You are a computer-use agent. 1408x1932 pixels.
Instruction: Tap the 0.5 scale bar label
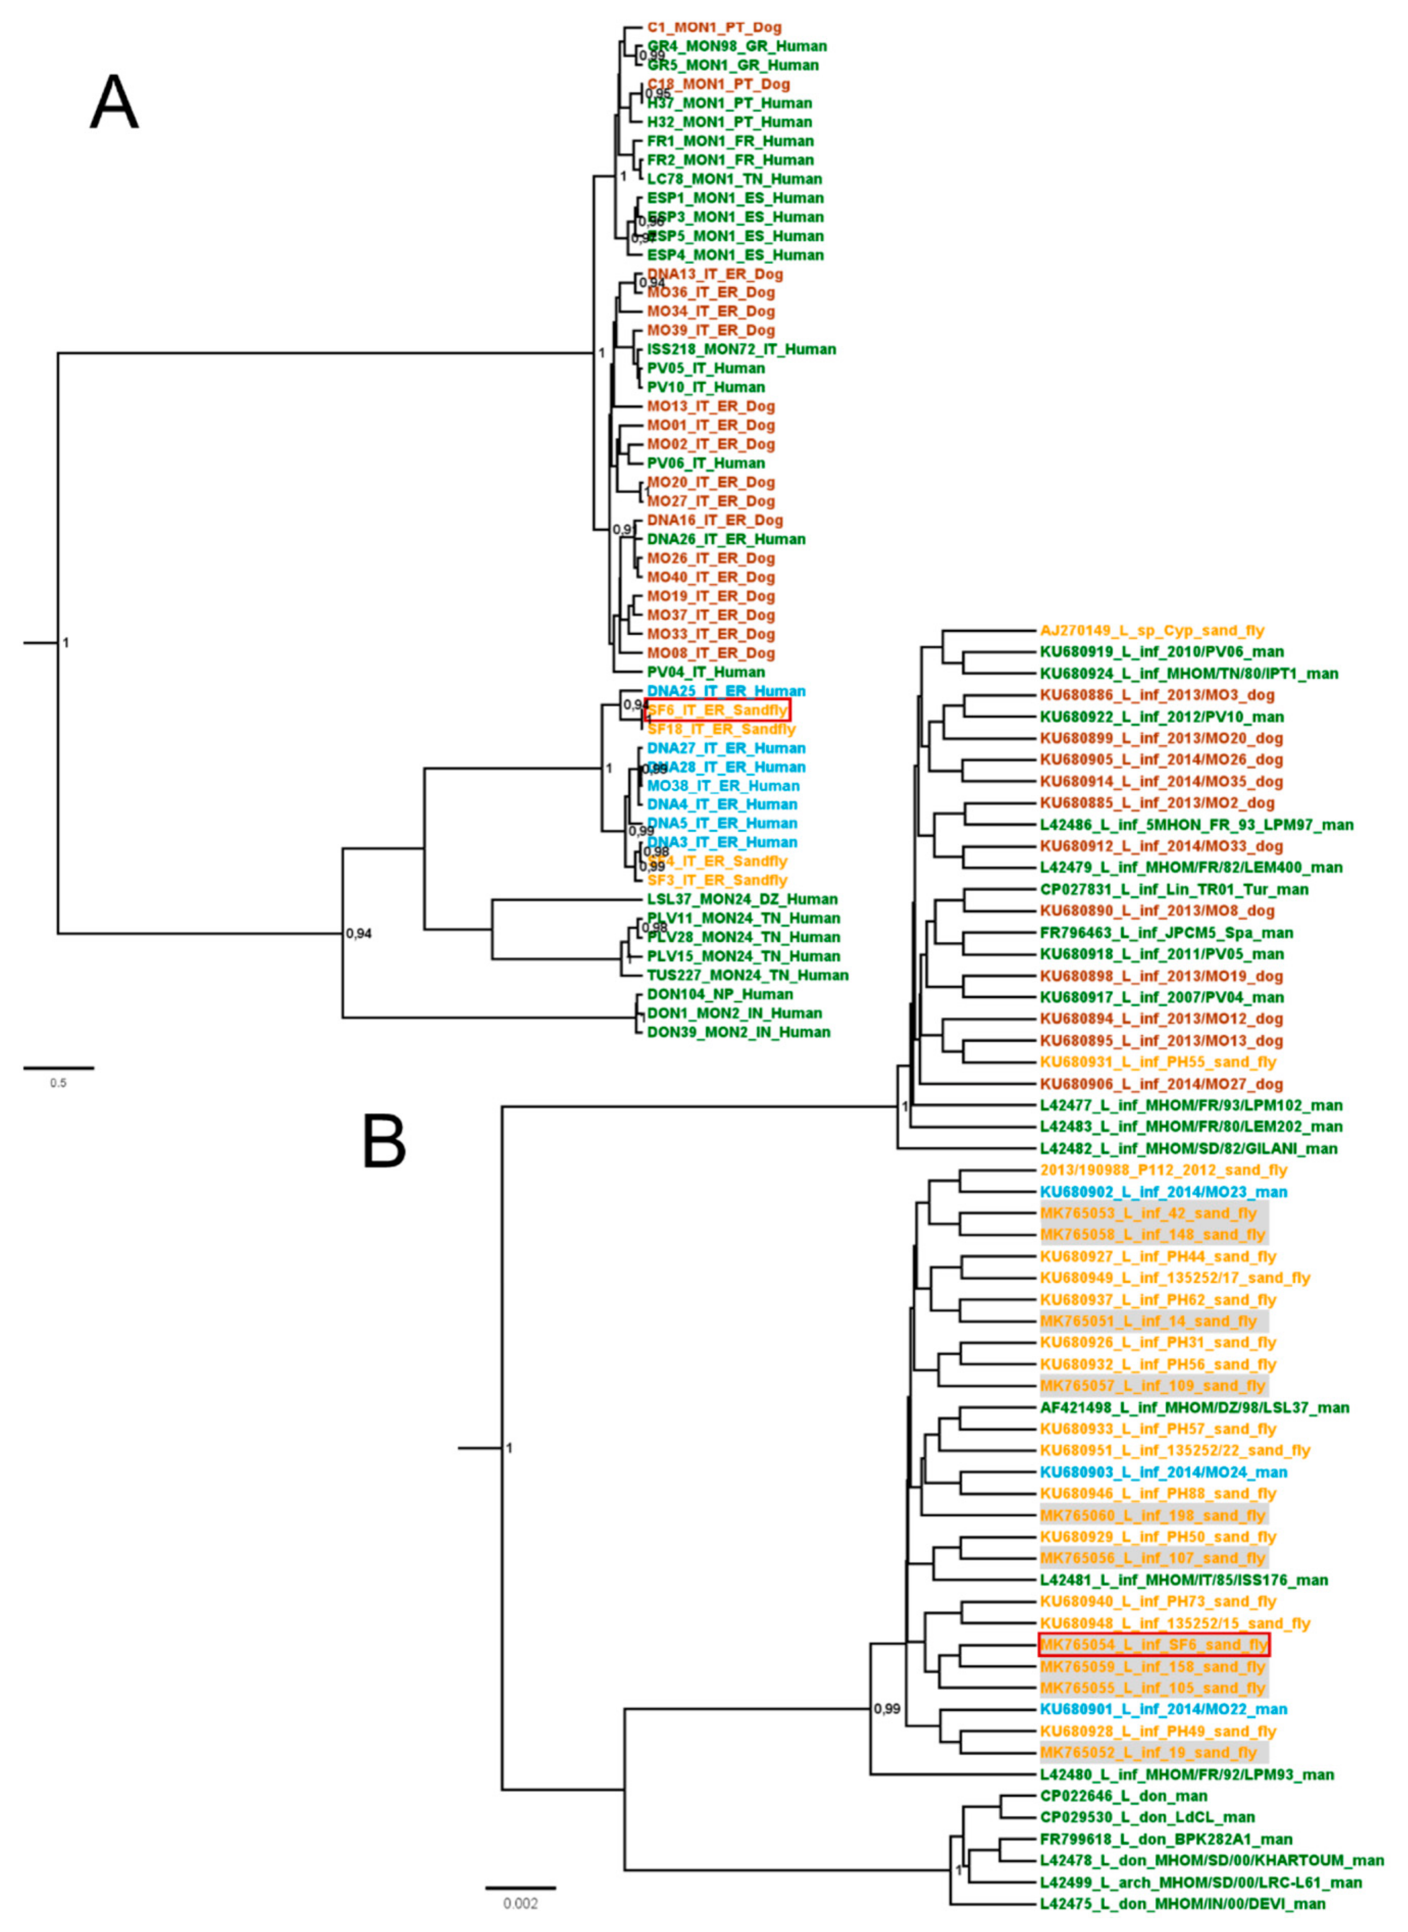click(x=58, y=1083)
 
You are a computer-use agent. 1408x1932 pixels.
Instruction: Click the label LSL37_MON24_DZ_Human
click(x=741, y=899)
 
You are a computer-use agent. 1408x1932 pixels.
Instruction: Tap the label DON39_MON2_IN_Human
click(x=738, y=1032)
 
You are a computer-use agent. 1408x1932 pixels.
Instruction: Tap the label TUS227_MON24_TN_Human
click(x=747, y=975)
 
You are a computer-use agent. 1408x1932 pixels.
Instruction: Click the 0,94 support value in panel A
click(x=359, y=933)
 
